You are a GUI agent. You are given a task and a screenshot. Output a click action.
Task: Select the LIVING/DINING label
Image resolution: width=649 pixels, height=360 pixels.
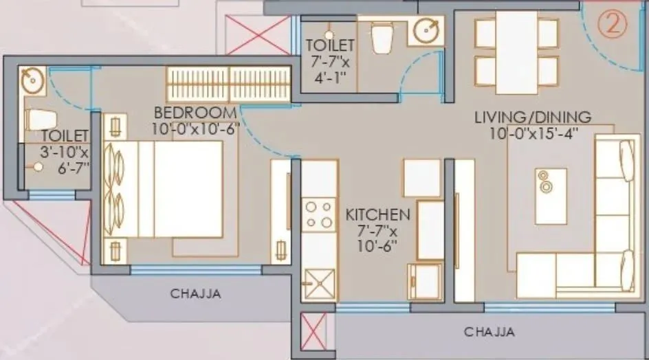point(533,117)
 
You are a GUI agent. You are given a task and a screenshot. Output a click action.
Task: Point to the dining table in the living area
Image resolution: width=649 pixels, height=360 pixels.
point(516,52)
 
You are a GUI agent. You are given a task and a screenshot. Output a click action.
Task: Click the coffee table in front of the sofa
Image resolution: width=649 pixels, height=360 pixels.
point(551,196)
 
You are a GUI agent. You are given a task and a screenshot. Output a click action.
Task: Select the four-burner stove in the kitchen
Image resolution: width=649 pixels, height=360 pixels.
point(319,214)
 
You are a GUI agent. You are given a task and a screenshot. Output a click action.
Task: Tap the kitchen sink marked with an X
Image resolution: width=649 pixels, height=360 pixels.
point(318,282)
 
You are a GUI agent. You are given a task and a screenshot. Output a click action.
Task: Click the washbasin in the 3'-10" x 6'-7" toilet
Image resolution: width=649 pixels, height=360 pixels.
point(31,82)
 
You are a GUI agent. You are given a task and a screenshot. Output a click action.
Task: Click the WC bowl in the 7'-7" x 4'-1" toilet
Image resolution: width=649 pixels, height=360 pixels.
point(381,38)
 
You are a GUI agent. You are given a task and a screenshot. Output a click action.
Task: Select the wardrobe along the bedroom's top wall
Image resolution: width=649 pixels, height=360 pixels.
point(227,84)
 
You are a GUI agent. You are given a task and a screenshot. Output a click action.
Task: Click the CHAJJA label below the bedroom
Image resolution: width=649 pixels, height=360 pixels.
point(195,294)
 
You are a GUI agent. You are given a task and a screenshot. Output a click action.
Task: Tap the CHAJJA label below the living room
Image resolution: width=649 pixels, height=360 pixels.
point(489,332)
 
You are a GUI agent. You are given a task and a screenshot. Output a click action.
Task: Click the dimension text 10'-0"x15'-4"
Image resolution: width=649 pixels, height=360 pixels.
point(533,134)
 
